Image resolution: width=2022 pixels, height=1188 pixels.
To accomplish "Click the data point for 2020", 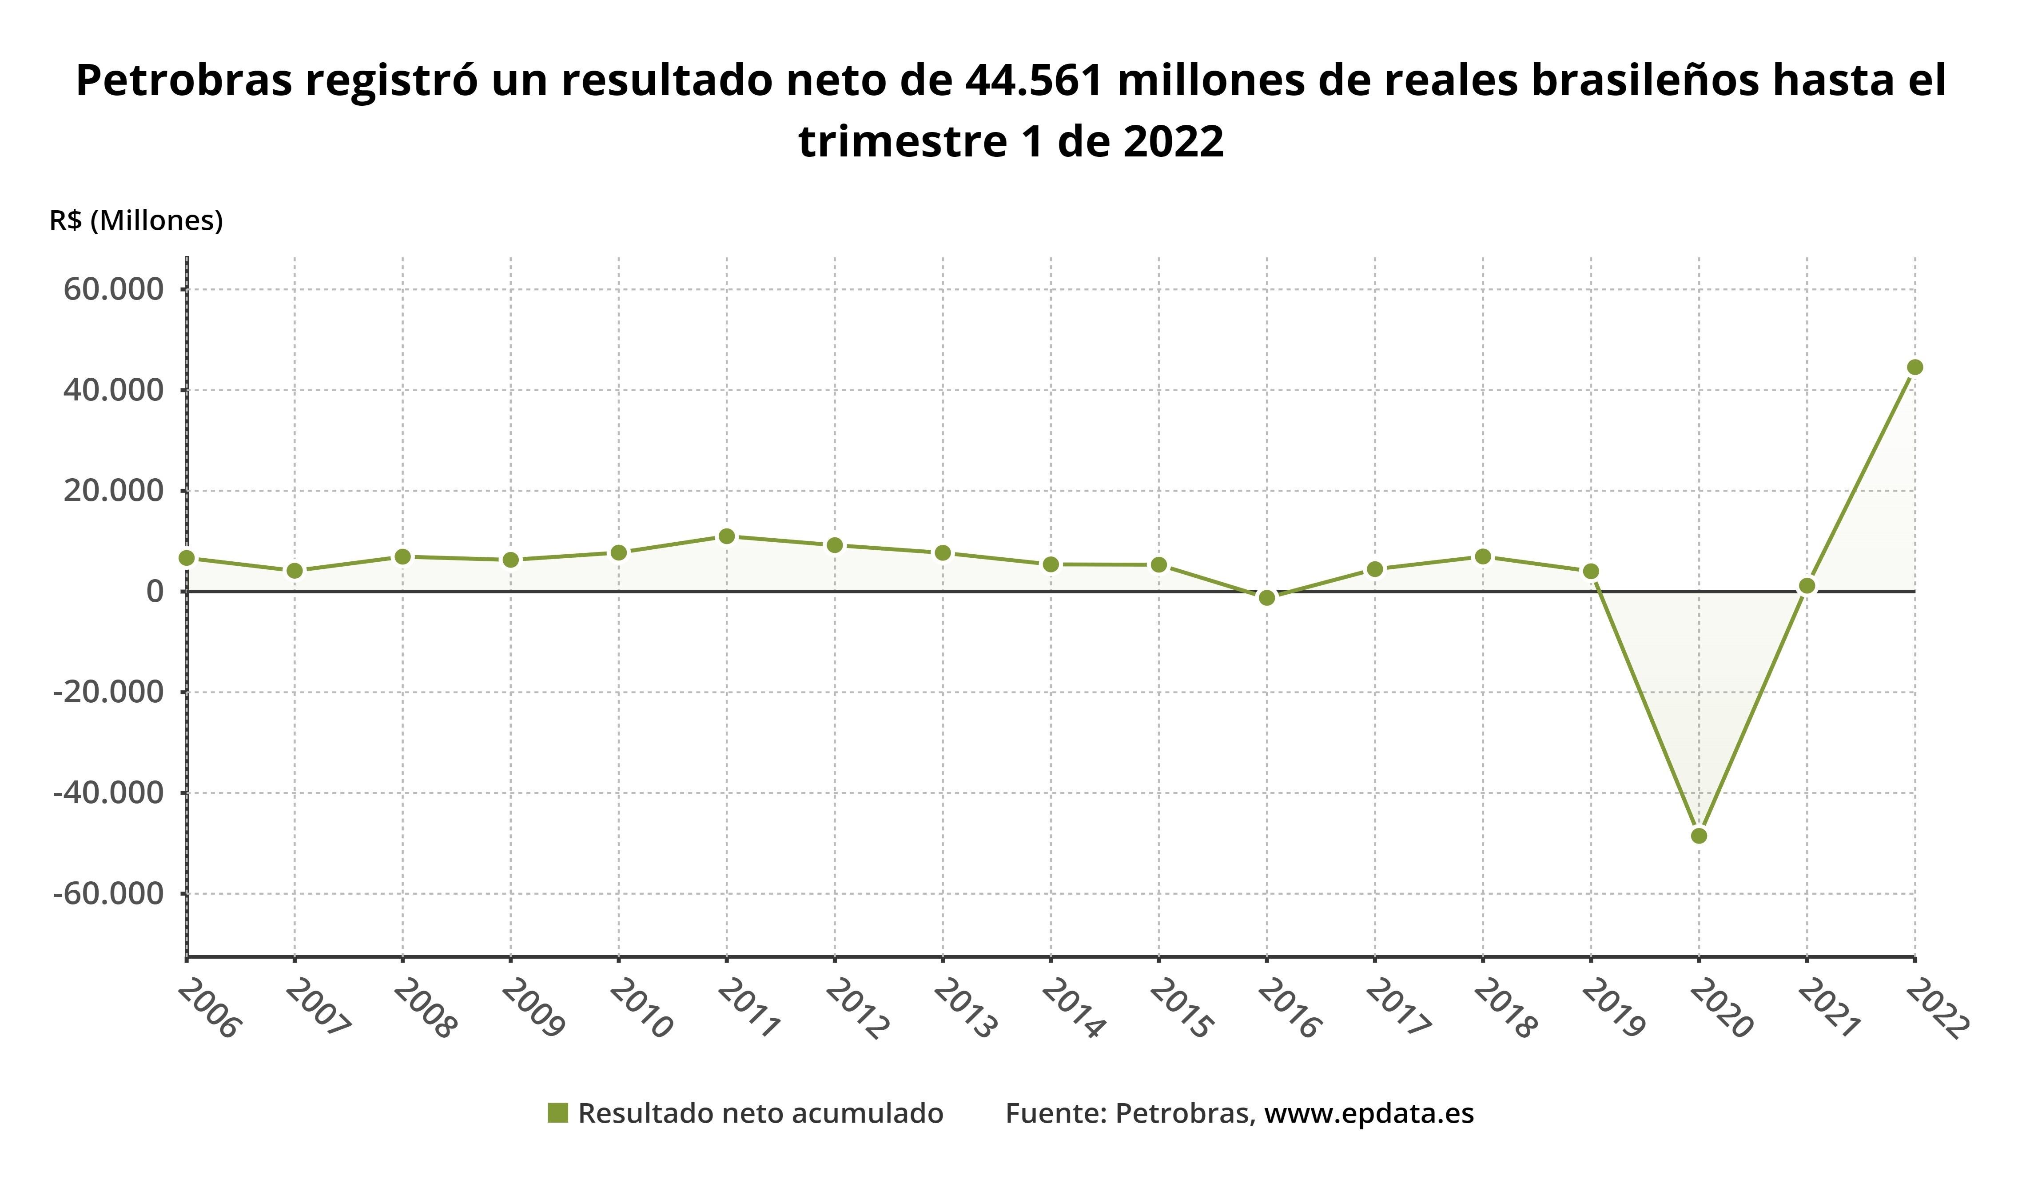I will pyautogui.click(x=1699, y=836).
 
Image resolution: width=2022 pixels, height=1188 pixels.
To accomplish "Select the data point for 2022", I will pyautogui.click(x=1915, y=368).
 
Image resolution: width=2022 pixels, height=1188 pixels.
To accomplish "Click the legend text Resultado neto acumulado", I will pyautogui.click(x=760, y=1113).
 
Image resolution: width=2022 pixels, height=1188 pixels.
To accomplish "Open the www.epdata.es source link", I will pyautogui.click(x=1369, y=1113).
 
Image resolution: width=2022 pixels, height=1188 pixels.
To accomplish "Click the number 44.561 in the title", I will pyautogui.click(x=1034, y=80).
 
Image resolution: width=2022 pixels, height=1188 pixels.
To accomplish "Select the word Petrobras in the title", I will pyautogui.click(x=184, y=80).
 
